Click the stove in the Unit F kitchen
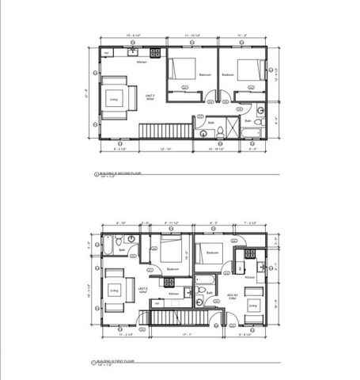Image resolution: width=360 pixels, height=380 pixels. [x=156, y=53]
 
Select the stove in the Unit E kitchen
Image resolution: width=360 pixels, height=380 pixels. [x=169, y=282]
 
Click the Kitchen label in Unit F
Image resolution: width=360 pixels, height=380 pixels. [x=142, y=62]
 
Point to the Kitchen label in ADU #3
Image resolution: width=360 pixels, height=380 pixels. [x=248, y=277]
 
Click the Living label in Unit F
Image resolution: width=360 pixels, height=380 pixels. [x=113, y=99]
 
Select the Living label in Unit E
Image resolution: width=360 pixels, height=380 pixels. [x=114, y=291]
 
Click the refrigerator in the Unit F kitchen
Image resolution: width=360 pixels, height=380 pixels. [x=107, y=54]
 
